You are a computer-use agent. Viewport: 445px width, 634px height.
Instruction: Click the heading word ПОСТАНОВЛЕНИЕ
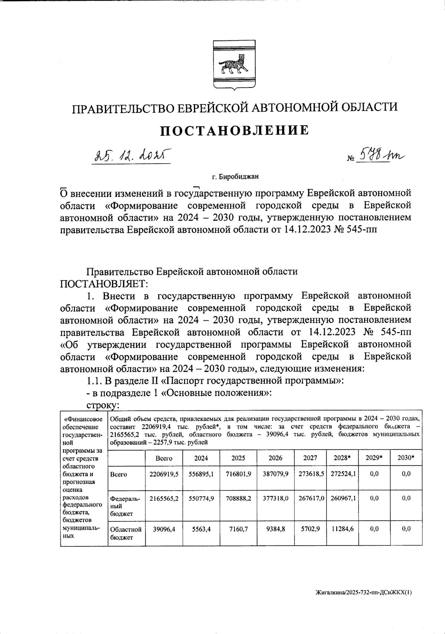[234, 130]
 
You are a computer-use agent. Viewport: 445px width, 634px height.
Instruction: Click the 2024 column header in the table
[201, 458]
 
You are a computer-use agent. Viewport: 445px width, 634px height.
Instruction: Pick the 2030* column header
[406, 458]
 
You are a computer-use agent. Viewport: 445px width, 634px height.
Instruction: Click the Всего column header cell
[164, 458]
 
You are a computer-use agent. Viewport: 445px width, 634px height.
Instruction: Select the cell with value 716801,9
[238, 474]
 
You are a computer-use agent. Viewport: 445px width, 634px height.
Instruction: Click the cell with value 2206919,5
[164, 474]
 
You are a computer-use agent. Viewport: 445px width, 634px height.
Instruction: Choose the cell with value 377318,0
[275, 499]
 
